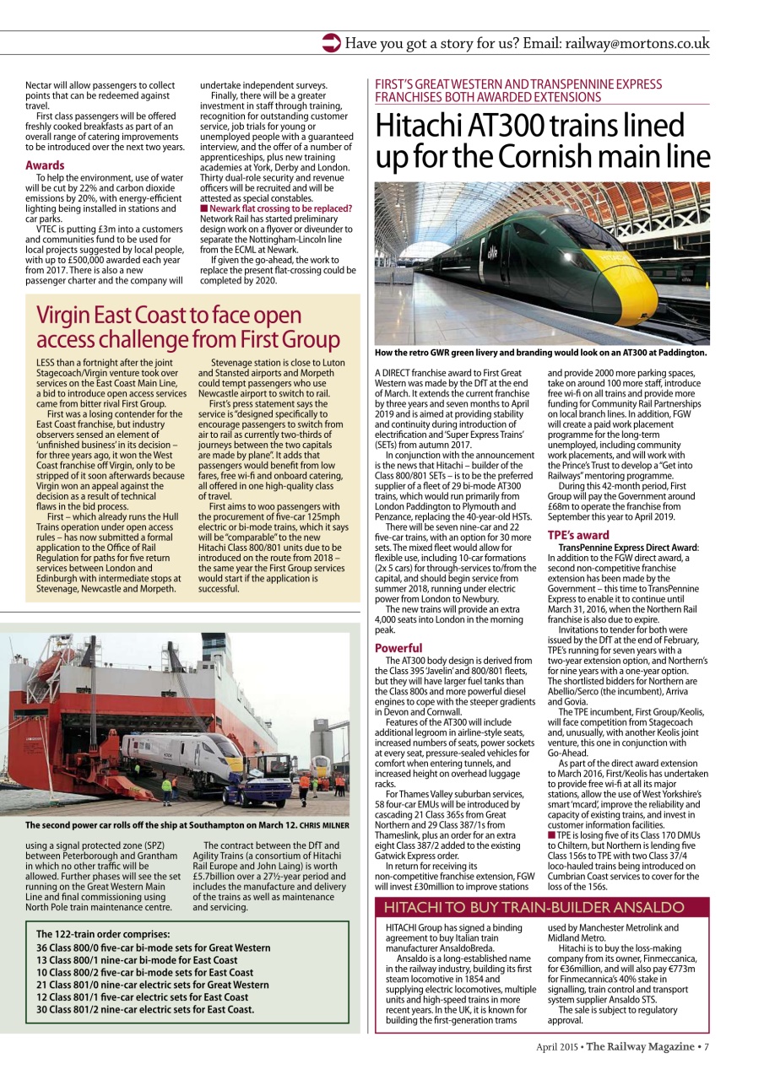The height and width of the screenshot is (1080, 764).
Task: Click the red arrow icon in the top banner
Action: (332, 43)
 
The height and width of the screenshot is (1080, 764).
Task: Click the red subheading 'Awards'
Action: (45, 165)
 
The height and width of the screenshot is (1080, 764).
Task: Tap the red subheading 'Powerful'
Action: (398, 648)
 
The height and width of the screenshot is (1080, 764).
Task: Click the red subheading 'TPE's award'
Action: (578, 535)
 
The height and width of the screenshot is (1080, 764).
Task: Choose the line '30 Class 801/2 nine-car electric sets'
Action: (145, 1008)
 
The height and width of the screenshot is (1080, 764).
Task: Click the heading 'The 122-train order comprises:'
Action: (103, 934)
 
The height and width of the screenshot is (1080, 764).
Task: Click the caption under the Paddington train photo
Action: (540, 353)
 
